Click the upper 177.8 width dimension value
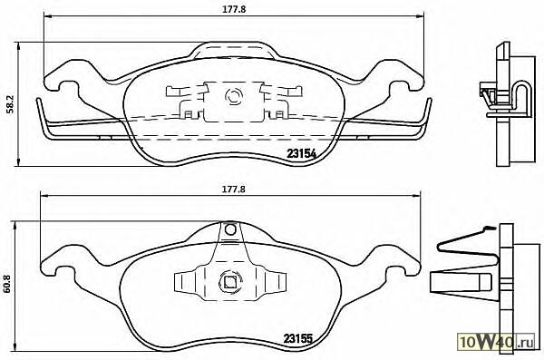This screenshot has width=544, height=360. pos(234,9)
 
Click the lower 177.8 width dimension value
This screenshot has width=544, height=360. pos(234,190)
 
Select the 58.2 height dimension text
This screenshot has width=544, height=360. pos(9,104)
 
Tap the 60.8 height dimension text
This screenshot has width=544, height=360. pos(6,283)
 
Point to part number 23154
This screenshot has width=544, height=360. pos(301,153)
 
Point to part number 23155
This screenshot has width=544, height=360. pos(298,337)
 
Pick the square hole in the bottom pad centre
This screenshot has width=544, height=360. pos(229,282)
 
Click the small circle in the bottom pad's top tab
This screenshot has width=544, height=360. pos(230,229)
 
